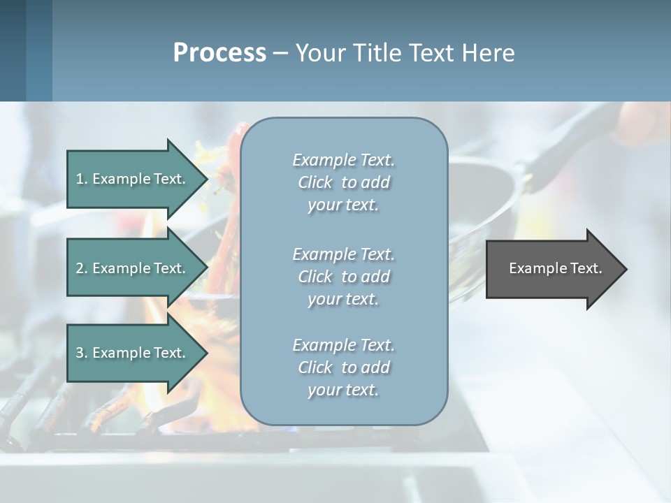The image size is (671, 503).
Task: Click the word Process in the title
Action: pyautogui.click(x=219, y=53)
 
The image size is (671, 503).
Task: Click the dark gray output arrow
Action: pyautogui.click(x=555, y=269)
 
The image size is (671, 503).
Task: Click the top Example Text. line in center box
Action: pyautogui.click(x=343, y=160)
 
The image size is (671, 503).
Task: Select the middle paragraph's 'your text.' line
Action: pyautogui.click(x=343, y=299)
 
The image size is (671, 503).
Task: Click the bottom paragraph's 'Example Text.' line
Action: pyautogui.click(x=343, y=345)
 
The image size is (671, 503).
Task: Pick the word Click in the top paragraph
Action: pyautogui.click(x=315, y=182)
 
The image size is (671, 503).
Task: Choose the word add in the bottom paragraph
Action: pyautogui.click(x=375, y=367)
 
